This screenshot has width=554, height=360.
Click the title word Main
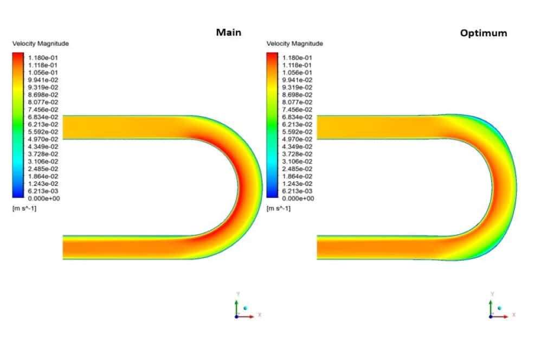(x=229, y=33)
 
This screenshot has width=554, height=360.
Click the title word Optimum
(x=484, y=33)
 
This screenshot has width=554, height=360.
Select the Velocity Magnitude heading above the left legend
(x=41, y=43)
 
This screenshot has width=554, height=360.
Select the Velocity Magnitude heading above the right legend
(x=295, y=43)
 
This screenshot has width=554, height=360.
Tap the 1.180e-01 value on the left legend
(x=43, y=57)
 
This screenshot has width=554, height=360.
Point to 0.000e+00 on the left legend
(x=44, y=198)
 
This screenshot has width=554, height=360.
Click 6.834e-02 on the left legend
(x=43, y=117)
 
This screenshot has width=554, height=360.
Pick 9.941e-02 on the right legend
(x=297, y=80)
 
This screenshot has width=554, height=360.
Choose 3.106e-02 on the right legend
(x=297, y=162)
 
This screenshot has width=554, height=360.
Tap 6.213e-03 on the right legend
(x=297, y=191)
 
